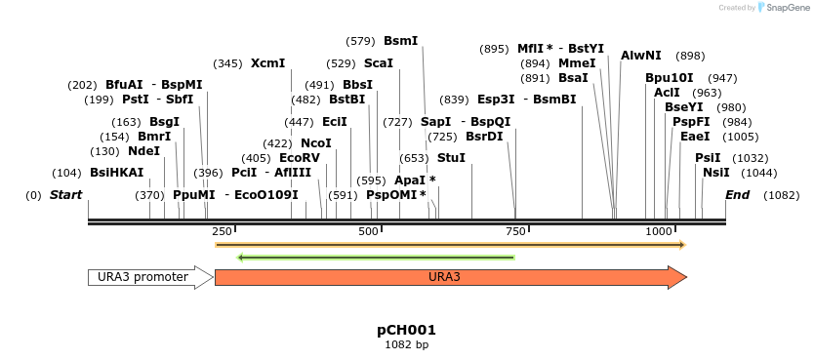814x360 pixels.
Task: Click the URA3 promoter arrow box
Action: pos(149,277)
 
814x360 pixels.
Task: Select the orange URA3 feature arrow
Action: pos(449,277)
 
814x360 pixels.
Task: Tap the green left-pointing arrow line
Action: pos(376,258)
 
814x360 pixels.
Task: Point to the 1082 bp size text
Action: pos(406,344)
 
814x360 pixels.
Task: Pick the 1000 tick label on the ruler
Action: pos(660,231)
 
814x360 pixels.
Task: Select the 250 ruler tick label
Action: pos(223,231)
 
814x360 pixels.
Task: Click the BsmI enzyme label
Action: pos(400,41)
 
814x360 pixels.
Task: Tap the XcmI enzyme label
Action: pos(267,63)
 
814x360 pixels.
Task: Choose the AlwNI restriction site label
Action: pos(640,56)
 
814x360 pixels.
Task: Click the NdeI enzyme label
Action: pos(143,151)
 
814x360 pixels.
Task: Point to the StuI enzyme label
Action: pos(451,157)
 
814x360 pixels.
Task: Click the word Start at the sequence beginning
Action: pos(65,195)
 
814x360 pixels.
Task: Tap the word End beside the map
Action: pos(737,195)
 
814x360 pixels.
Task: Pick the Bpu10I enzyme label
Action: pos(669,78)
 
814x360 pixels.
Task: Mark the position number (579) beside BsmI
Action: pos(360,41)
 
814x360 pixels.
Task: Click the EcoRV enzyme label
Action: pos(299,158)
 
